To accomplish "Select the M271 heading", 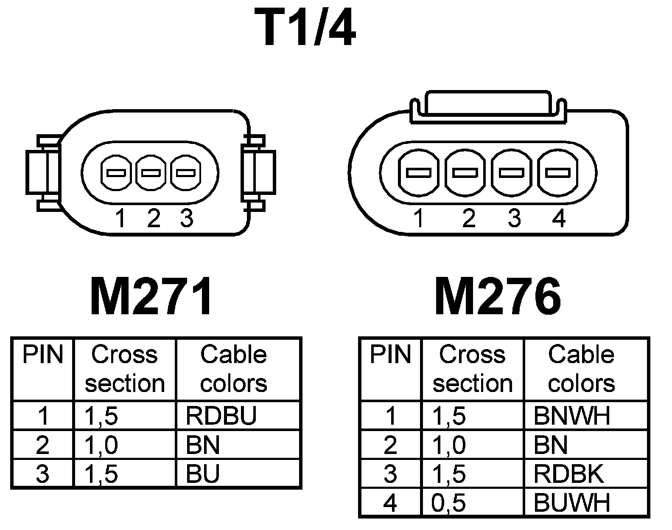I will coord(151,297).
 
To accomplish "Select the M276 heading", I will coord(498,297).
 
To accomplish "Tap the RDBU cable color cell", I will coord(221,416).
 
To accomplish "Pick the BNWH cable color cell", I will coord(572,416).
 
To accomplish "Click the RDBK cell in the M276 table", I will coord(568,474).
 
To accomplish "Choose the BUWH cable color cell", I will coord(572,502).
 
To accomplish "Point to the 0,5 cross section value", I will coord(448,502).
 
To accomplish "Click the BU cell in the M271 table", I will coord(203,474).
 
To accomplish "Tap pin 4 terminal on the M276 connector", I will coord(557,173).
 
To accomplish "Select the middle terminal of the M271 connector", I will coord(151,173).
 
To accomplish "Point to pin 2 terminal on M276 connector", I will coord(465,173).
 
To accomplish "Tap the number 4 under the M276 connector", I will coord(559,218).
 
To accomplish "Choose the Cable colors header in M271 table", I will coord(233,369).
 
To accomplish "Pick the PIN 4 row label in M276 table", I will coord(390,502).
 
